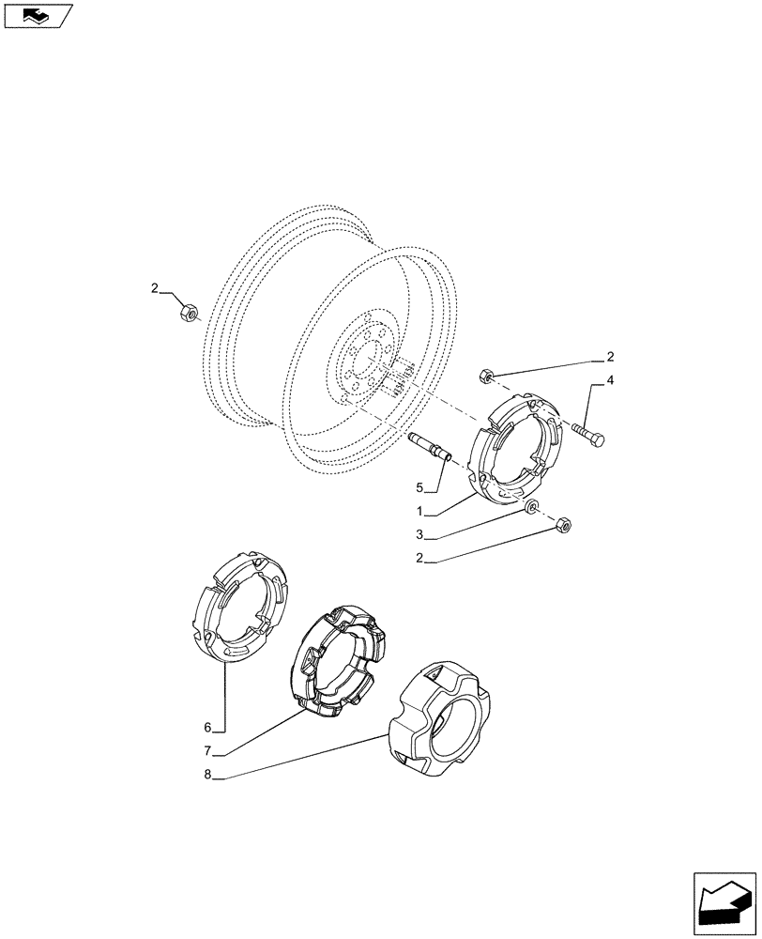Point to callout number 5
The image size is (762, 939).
pyautogui.click(x=421, y=487)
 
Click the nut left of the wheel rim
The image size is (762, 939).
pyautogui.click(x=188, y=311)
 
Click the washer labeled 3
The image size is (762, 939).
pyautogui.click(x=532, y=508)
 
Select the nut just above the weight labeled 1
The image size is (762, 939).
pyautogui.click(x=487, y=377)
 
